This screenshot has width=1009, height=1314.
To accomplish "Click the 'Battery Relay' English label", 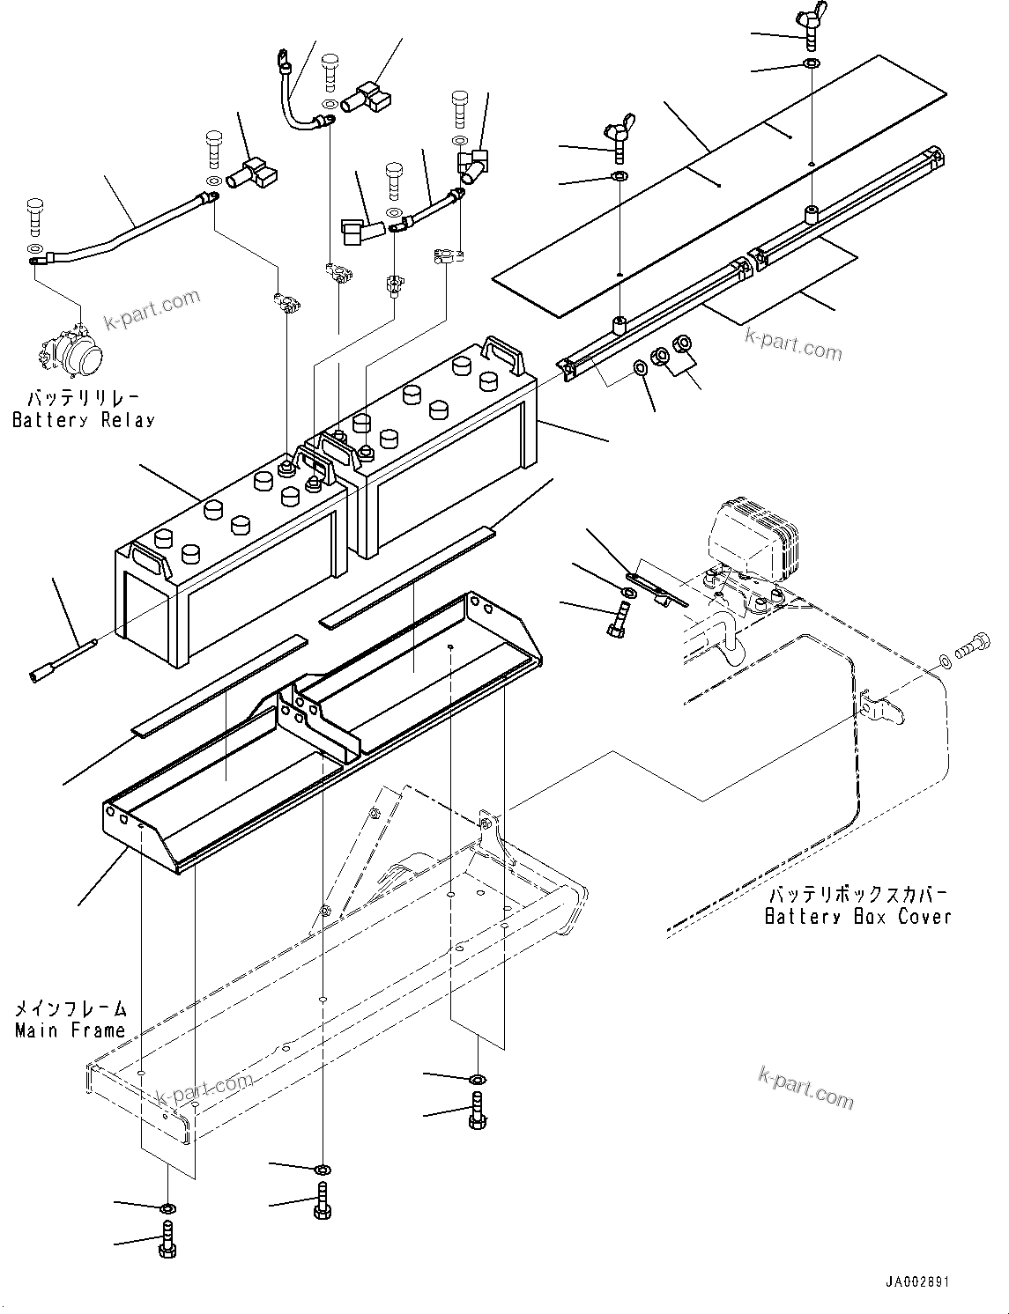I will tap(84, 420).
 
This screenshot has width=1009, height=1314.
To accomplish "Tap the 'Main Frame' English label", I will tap(70, 1030).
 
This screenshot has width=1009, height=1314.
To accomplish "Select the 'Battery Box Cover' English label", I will tap(857, 916).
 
